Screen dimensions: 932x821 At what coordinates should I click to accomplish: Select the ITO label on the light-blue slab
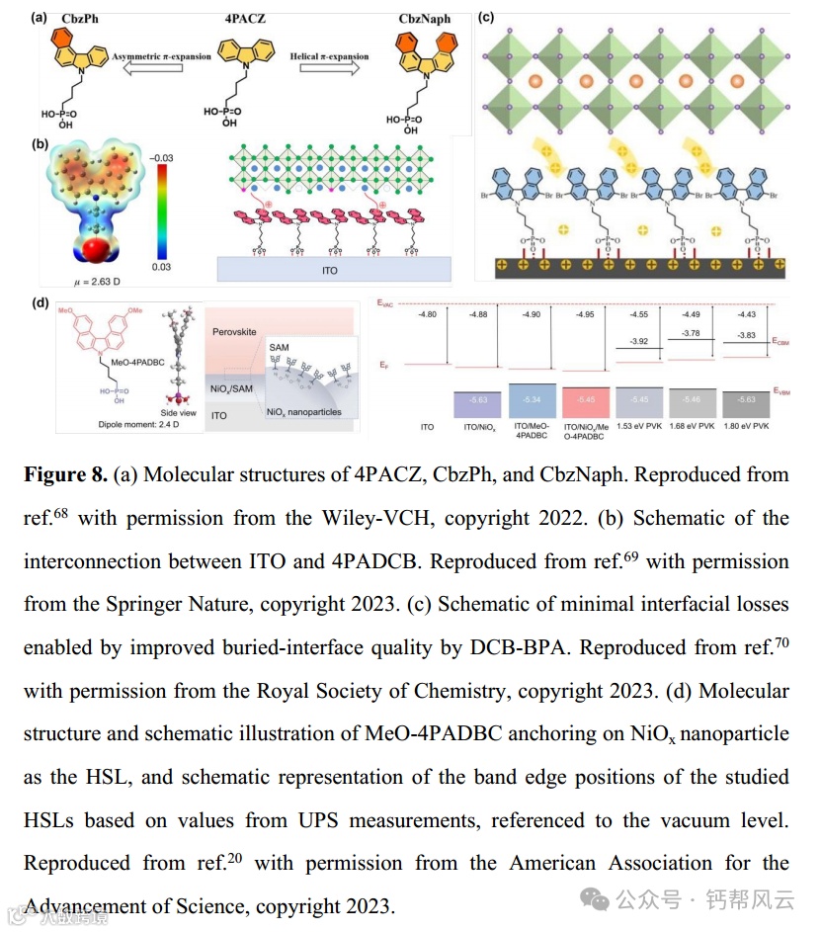point(333,269)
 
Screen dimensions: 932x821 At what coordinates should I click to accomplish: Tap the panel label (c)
point(486,17)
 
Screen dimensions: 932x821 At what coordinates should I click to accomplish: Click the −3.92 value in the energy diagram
point(640,342)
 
